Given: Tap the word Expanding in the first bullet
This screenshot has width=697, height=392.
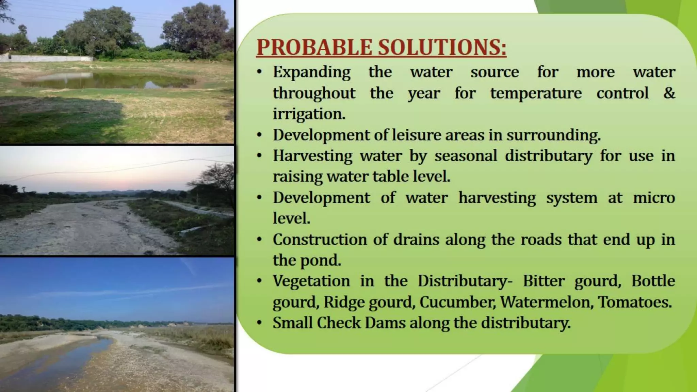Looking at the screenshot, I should pyautogui.click(x=311, y=72).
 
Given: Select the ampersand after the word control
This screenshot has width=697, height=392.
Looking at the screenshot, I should pyautogui.click(x=669, y=93).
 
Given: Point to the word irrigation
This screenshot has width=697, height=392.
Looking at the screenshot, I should pyautogui.click(x=309, y=114).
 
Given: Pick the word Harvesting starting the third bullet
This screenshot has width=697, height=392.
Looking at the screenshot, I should pyautogui.click(x=312, y=156).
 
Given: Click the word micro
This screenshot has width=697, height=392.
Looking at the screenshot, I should pyautogui.click(x=653, y=198).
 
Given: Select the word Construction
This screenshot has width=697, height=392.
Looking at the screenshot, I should pyautogui.click(x=320, y=240).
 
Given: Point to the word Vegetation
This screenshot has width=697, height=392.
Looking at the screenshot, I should pyautogui.click(x=311, y=281).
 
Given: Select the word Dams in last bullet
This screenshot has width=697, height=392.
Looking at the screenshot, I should pyautogui.click(x=385, y=323).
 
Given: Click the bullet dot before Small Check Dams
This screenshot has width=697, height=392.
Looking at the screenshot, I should pyautogui.click(x=259, y=323).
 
